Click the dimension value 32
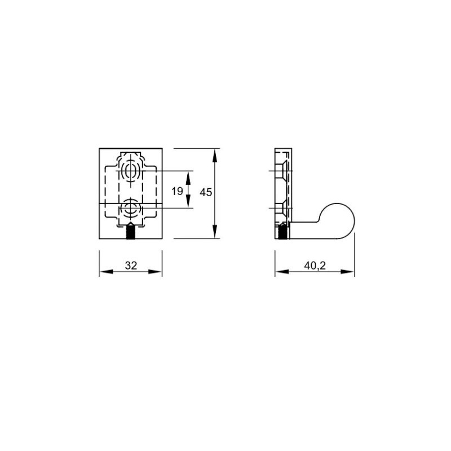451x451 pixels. click(x=131, y=266)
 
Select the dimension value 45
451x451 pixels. click(x=206, y=192)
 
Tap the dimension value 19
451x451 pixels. click(x=177, y=191)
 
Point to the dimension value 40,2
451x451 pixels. click(x=315, y=266)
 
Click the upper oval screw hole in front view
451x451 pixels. click(x=131, y=171)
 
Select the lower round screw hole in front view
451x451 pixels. click(x=131, y=207)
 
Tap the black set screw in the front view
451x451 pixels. click(x=131, y=231)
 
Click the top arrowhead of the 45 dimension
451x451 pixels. click(x=215, y=156)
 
